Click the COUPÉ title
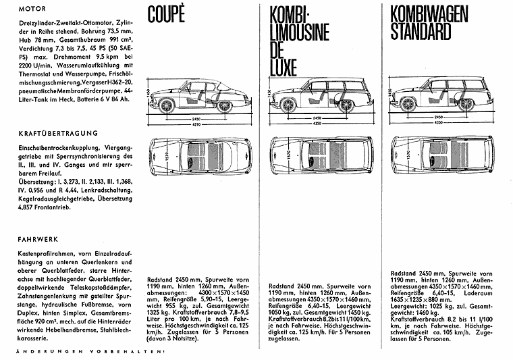pyautogui.click(x=167, y=14)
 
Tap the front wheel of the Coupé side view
pyautogui.click(x=167, y=106)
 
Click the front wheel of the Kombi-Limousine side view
pyautogui.click(x=289, y=105)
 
